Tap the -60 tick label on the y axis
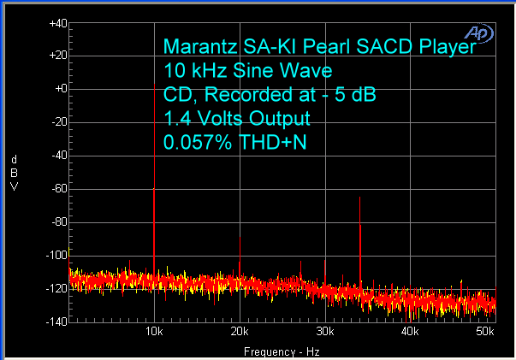[x=57, y=189]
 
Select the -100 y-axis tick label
[x=56, y=256]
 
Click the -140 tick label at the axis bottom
[x=56, y=322]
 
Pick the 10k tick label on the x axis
[x=154, y=331]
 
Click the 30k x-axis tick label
[x=324, y=331]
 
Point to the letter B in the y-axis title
[x=14, y=174]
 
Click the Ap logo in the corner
[x=478, y=32]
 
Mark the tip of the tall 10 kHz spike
[x=154, y=86]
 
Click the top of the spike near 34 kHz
[x=359, y=198]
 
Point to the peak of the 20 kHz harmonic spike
[x=240, y=237]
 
